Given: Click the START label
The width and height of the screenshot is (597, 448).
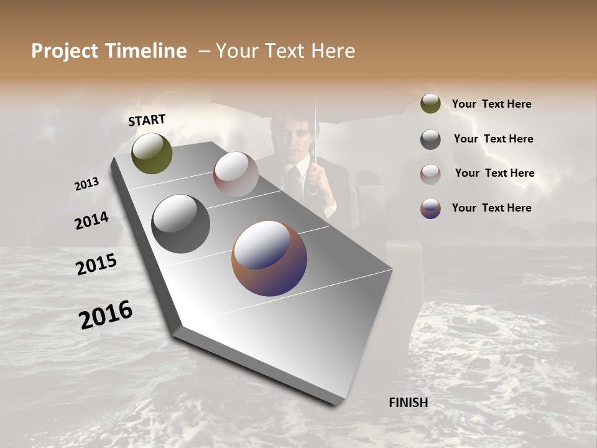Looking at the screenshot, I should pyautogui.click(x=147, y=120).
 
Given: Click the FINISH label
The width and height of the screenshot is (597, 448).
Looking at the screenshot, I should pyautogui.click(x=409, y=403).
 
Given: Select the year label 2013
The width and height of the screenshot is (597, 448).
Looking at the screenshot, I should pyautogui.click(x=86, y=184).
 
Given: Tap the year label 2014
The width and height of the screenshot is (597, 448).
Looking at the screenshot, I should pyautogui.click(x=91, y=220).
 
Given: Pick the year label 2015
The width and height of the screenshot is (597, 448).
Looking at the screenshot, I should pyautogui.click(x=96, y=264).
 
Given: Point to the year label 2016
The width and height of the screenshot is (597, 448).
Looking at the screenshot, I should pyautogui.click(x=106, y=315).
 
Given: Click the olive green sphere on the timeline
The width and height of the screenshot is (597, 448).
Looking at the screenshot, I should pyautogui.click(x=152, y=153).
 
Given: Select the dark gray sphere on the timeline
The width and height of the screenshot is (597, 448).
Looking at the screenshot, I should pyautogui.click(x=180, y=224).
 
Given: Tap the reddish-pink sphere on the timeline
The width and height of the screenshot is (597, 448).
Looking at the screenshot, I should pyautogui.click(x=236, y=174).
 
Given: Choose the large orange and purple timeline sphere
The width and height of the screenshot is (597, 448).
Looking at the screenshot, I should pyautogui.click(x=269, y=258).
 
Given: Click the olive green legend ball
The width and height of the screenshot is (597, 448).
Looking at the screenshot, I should pyautogui.click(x=430, y=103).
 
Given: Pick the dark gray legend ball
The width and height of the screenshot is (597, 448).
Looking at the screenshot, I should pyautogui.click(x=430, y=139).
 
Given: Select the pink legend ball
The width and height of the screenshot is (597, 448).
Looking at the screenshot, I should pyautogui.click(x=430, y=174).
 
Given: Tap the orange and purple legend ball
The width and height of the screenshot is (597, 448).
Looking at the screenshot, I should pyautogui.click(x=430, y=208).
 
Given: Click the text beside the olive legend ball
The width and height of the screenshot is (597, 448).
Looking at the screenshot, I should pyautogui.click(x=491, y=105).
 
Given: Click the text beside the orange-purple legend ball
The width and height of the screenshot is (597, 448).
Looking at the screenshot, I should pyautogui.click(x=491, y=208).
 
